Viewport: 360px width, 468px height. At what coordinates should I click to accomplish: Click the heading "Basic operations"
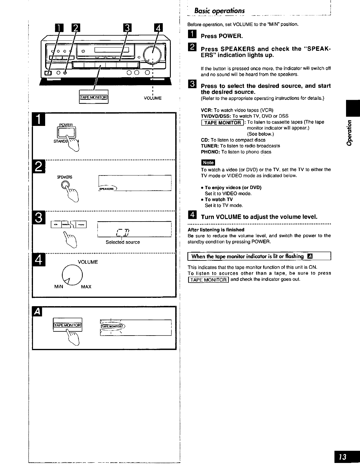219,11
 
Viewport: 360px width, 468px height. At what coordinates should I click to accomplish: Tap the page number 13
344,457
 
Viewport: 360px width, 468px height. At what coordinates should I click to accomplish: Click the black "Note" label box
208,162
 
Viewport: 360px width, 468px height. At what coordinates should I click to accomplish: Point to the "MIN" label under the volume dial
59,287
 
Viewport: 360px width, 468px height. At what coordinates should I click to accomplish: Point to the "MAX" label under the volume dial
86,287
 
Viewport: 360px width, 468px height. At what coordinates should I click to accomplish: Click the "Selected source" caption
123,242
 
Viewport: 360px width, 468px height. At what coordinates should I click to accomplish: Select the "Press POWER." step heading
222,36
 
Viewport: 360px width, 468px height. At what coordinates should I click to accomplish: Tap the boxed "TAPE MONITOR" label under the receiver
94,97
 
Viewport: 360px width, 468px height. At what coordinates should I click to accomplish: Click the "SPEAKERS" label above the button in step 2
64,177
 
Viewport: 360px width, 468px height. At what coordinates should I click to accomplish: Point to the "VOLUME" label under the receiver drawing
153,98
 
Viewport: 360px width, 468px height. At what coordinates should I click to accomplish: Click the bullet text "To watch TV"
219,200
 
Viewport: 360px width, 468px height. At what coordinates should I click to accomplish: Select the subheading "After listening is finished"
216,230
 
